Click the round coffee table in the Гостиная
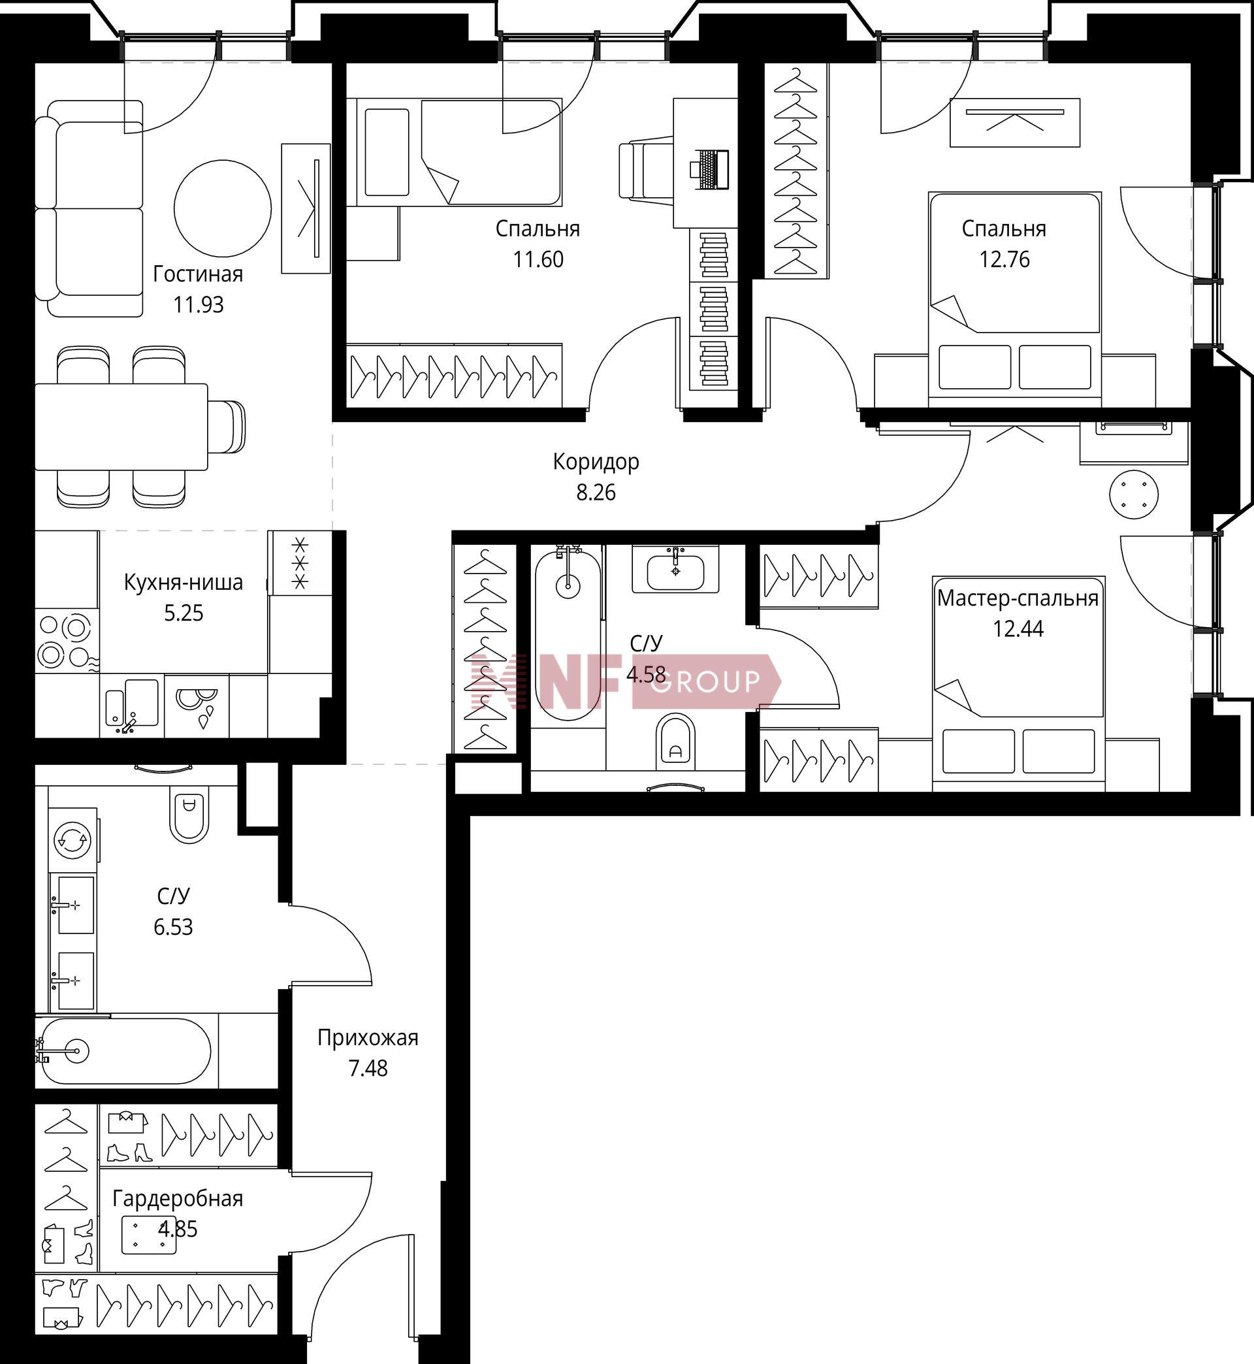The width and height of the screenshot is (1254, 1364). pyautogui.click(x=223, y=208)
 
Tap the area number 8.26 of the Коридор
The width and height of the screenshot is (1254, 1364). pyautogui.click(x=596, y=492)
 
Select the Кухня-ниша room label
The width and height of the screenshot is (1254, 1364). pyautogui.click(x=184, y=582)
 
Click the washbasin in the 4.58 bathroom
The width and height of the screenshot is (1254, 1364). pyautogui.click(x=675, y=569)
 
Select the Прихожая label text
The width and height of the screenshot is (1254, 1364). pyautogui.click(x=368, y=1038)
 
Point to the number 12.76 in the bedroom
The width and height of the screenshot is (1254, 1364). pyautogui.click(x=1004, y=259)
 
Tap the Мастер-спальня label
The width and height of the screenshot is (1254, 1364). pyautogui.click(x=1017, y=598)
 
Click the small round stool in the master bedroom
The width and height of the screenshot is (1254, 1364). pyautogui.click(x=1134, y=494)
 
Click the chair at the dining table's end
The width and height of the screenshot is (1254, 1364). pyautogui.click(x=227, y=426)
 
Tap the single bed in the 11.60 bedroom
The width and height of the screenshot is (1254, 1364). pyautogui.click(x=455, y=153)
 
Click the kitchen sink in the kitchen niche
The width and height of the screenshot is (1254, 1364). pyautogui.click(x=133, y=706)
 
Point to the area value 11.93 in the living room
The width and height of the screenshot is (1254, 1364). pyautogui.click(x=198, y=304)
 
